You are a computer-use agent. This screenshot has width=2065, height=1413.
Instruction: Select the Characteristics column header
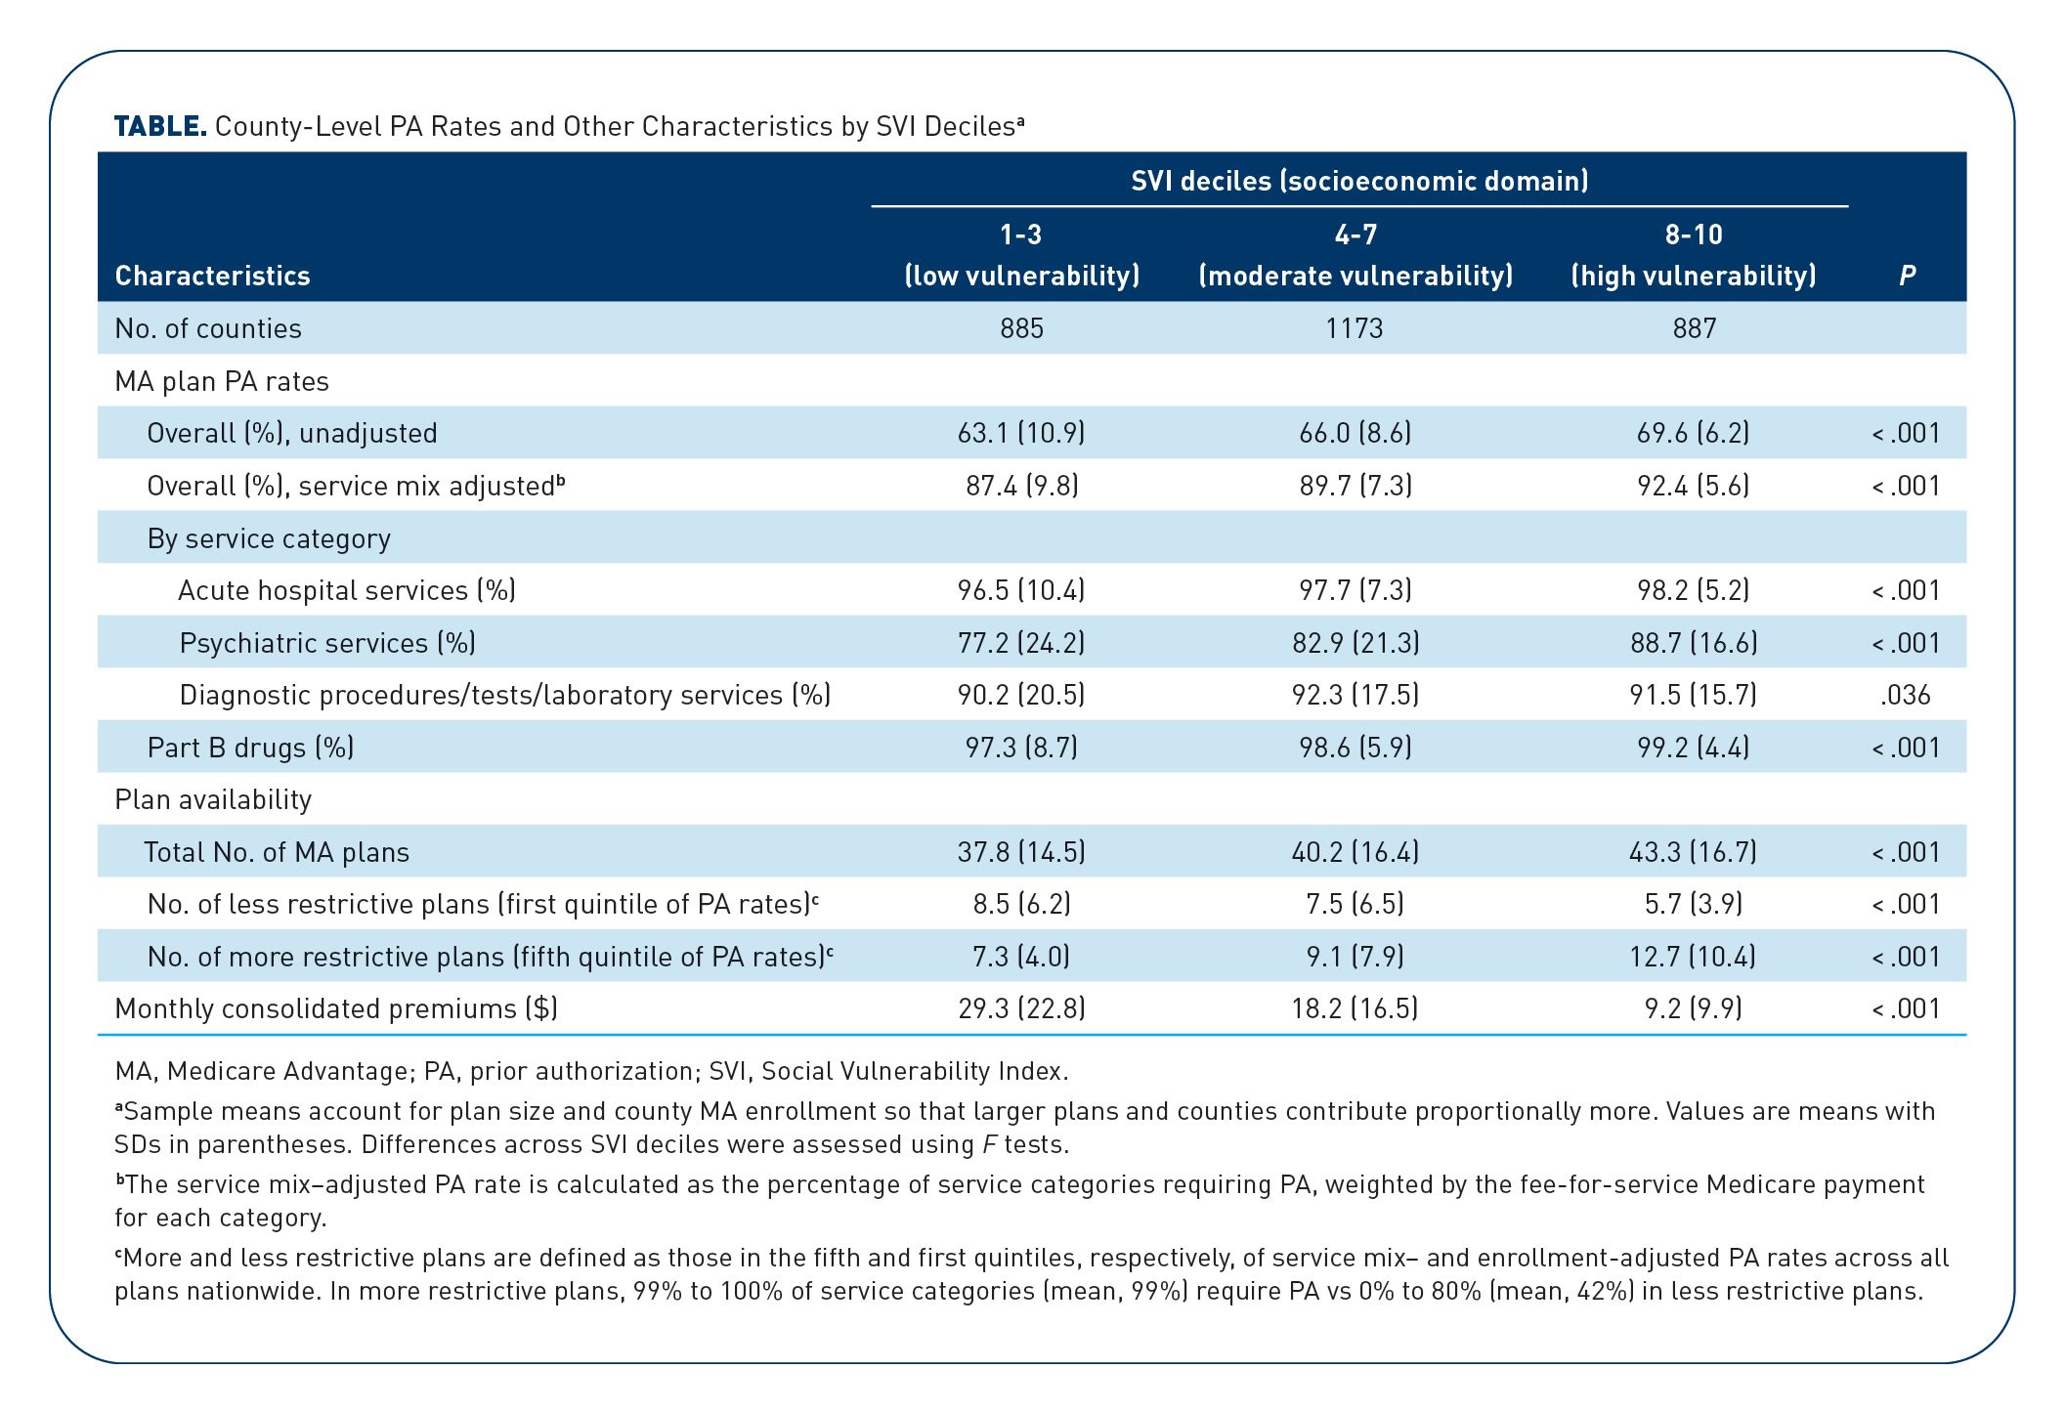click(212, 276)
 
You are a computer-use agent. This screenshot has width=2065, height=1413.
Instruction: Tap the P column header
click(1907, 276)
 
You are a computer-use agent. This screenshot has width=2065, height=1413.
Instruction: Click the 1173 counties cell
click(1355, 328)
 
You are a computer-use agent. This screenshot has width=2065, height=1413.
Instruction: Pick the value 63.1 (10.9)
click(1021, 433)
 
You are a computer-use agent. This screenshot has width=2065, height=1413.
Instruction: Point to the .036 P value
click(1905, 695)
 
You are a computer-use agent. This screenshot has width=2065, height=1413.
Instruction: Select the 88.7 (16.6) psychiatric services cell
click(1694, 643)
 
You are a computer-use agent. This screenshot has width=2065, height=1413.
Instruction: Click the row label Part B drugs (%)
click(250, 748)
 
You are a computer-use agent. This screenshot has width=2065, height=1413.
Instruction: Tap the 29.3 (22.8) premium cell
click(1021, 1008)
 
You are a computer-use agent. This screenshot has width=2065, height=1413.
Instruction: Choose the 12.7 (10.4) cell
click(1694, 957)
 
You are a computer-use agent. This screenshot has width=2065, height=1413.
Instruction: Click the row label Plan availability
click(213, 799)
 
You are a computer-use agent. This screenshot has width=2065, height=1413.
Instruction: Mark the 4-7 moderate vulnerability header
click(1355, 255)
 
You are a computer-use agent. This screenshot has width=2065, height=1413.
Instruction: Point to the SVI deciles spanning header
click(1359, 181)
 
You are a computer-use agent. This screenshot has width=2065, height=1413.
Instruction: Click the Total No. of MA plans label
click(277, 852)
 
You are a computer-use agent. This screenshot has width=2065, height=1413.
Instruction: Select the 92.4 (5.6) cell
click(1694, 486)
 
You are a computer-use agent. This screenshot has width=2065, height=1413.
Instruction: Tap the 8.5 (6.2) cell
click(1021, 904)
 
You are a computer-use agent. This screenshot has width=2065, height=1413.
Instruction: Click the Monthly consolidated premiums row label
click(336, 1008)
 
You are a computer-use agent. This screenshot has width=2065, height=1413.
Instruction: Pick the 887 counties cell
click(1694, 328)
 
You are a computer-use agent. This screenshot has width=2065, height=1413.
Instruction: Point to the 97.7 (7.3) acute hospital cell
click(1355, 590)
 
